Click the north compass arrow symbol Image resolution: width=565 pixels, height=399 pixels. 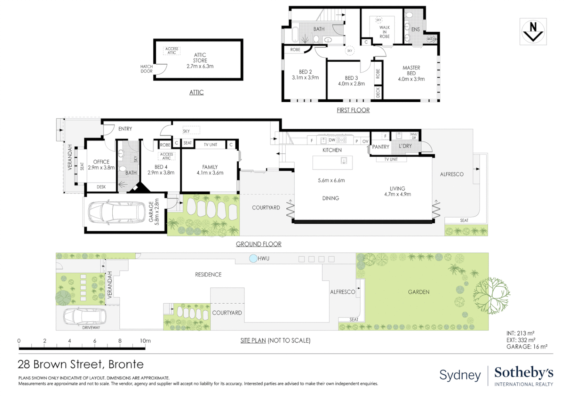(x=533, y=32)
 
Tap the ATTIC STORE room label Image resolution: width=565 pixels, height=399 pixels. (x=200, y=58)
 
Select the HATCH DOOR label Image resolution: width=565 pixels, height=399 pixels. (x=146, y=69)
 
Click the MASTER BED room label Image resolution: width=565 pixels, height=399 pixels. (x=411, y=71)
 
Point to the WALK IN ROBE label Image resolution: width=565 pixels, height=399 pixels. (x=384, y=32)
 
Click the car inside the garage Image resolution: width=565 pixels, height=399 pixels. (x=117, y=213)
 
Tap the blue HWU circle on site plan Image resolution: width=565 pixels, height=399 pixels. (x=253, y=259)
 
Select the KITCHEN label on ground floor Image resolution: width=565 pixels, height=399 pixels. (x=332, y=150)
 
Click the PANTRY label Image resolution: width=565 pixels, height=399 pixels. (x=381, y=147)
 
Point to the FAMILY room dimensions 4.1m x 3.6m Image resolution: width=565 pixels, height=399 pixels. (x=210, y=173)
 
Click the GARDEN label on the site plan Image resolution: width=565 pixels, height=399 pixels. (x=419, y=292)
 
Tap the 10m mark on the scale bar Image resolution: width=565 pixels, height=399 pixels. (x=145, y=341)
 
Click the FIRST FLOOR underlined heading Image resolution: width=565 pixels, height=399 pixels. (x=353, y=110)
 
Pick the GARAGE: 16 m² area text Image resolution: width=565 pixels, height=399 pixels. (x=527, y=347)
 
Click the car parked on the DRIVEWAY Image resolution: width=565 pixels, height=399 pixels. (x=85, y=316)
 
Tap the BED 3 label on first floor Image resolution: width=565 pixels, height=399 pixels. (x=351, y=78)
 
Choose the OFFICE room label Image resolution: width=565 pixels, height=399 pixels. (x=101, y=162)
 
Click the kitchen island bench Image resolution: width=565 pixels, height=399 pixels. (x=333, y=162)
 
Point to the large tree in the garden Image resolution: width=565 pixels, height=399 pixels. (x=491, y=296)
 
